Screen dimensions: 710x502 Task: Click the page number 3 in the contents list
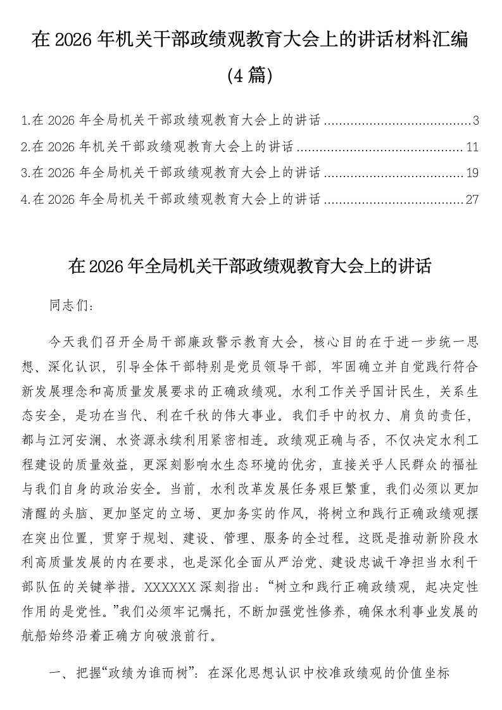[x=475, y=121]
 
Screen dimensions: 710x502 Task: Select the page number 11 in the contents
[x=472, y=147]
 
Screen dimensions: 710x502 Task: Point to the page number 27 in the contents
[x=472, y=200]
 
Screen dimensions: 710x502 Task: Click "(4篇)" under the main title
[x=251, y=76]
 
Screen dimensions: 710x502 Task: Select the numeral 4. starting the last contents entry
[x=26, y=200]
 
